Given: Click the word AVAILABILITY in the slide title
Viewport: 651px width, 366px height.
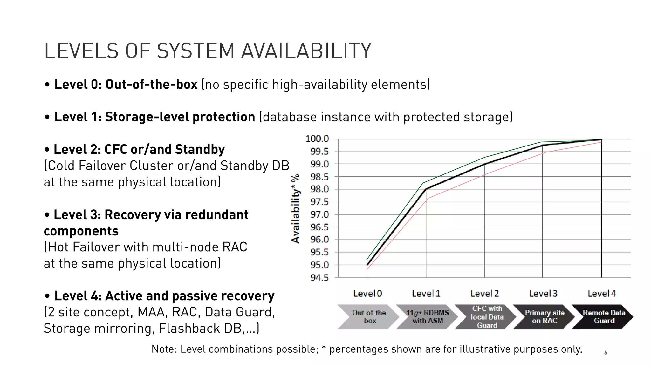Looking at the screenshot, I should click(x=306, y=51).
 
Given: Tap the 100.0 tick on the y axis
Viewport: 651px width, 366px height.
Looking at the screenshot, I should click(x=317, y=139).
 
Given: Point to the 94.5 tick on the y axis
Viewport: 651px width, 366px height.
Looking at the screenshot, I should click(x=319, y=278).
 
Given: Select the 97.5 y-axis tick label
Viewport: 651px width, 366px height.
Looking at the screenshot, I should click(x=319, y=202).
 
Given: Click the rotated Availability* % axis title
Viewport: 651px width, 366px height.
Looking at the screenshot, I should click(x=296, y=208).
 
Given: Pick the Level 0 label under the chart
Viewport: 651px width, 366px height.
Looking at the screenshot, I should click(x=367, y=294).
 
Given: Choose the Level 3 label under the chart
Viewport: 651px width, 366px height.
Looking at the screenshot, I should click(x=543, y=294).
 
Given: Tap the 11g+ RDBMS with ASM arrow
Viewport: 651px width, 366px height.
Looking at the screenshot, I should click(x=427, y=317).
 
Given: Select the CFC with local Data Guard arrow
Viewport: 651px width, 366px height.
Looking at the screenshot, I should click(x=486, y=317).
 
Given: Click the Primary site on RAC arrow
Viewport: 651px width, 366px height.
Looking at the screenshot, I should click(x=544, y=317).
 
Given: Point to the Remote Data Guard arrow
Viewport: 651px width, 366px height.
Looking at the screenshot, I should click(x=603, y=317).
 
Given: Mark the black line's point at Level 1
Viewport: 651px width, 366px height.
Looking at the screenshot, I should click(x=426, y=189).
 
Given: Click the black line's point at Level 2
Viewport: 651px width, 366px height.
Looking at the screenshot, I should click(x=484, y=164).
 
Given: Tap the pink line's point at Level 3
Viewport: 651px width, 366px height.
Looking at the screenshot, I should click(x=543, y=153).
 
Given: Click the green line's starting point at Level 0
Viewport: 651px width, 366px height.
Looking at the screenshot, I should click(x=367, y=260).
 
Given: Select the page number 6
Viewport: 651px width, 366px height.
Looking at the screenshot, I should click(x=606, y=352).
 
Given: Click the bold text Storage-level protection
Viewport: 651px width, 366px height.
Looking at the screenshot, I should click(x=180, y=117).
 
